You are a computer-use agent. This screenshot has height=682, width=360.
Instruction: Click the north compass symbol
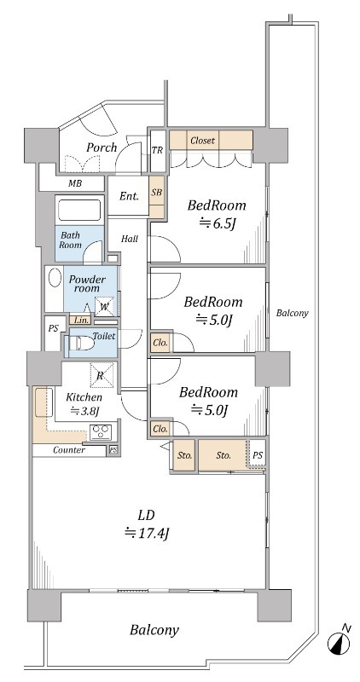pos(340,641)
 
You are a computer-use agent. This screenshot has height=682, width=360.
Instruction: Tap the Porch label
pos(102,147)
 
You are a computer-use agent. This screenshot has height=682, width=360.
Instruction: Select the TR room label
pos(157,151)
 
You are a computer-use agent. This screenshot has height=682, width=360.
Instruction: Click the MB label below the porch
pos(74,183)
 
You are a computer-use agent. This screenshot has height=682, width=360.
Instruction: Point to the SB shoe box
pos(157,197)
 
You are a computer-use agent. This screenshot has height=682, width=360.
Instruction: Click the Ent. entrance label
pos(130,197)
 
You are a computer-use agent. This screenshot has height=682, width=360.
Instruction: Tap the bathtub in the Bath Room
pos(79,210)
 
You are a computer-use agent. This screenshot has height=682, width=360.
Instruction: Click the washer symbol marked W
pos(104,306)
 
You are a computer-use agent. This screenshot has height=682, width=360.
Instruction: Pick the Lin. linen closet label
pos(81,321)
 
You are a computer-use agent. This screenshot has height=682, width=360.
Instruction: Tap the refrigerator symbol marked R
pos(102,375)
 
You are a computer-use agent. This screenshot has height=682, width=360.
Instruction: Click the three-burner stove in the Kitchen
pos(101,432)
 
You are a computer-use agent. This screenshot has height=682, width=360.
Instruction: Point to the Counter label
pos(69,450)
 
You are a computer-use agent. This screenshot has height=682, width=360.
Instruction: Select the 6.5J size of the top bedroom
pos(217,223)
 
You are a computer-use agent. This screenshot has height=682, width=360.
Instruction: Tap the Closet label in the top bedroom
pos(202,141)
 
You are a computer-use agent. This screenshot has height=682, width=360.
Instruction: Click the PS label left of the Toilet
pos(53,328)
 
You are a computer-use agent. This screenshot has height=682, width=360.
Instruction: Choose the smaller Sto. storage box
pos(184,455)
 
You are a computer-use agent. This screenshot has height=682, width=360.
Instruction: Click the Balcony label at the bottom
pos(154,630)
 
